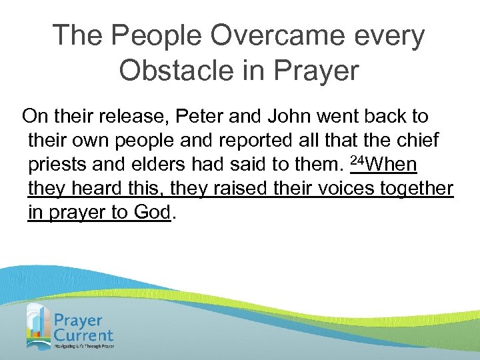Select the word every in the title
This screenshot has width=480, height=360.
coord(385,35)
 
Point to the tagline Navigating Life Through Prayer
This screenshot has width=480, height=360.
coord(84,347)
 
